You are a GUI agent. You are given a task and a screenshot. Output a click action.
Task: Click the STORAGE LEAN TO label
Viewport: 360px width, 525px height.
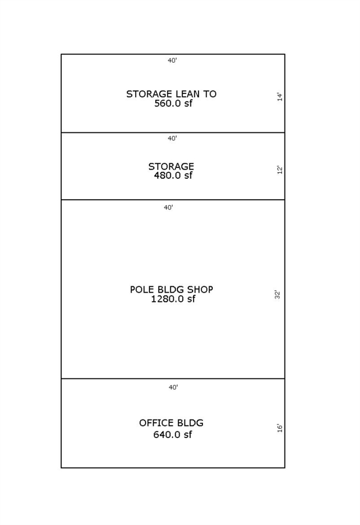171,94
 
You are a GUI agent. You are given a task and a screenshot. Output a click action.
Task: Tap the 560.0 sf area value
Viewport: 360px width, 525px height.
173,103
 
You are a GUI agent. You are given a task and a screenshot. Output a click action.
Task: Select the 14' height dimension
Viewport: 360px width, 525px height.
280,97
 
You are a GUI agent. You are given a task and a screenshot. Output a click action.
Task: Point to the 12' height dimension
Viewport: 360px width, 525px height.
280,170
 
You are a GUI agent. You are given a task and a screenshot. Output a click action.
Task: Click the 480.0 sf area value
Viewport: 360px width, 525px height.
173,176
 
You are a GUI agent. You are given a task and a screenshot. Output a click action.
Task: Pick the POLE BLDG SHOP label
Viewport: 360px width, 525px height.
171,289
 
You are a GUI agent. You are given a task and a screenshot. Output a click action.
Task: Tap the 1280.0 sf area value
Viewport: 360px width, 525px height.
173,299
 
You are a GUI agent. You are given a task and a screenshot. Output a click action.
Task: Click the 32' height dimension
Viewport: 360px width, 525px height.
277,295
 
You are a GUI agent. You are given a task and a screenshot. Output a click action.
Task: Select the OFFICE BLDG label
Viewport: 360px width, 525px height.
171,423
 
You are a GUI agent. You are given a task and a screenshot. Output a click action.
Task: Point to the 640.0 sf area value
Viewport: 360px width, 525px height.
172,435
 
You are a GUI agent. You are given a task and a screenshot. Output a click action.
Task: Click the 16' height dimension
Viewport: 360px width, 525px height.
280,428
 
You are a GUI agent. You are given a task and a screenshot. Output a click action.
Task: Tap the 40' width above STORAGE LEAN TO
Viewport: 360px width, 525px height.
172,60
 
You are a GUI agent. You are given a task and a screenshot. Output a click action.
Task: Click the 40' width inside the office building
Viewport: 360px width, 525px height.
173,387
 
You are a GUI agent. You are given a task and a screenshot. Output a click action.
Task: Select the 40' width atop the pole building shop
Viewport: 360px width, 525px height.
169,208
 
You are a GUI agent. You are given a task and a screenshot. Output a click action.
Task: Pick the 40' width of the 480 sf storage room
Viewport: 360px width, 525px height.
172,138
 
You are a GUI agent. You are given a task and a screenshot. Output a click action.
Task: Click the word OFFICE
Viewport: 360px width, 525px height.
153,423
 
